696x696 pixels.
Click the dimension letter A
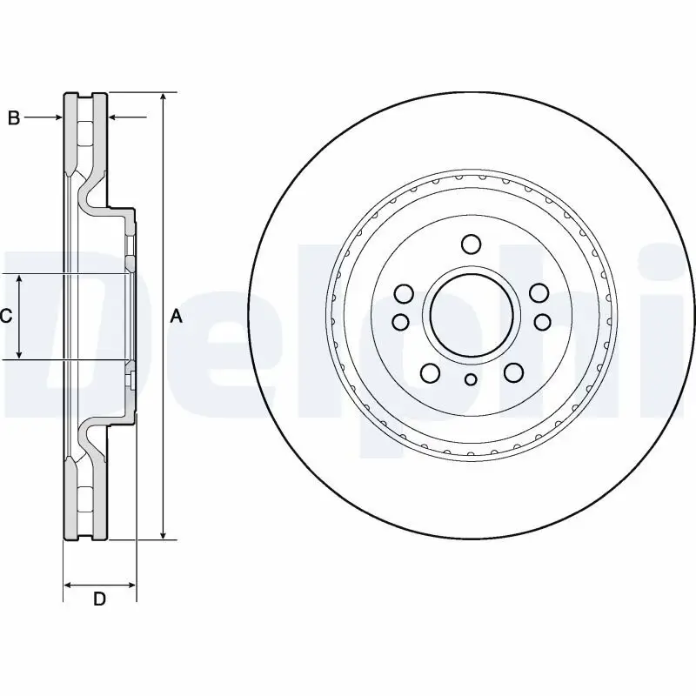[177, 317]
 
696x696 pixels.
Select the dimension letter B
[14, 118]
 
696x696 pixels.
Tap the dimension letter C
[6, 317]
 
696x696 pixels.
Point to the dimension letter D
[99, 599]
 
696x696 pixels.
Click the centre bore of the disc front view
[471, 314]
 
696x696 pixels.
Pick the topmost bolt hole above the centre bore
[471, 244]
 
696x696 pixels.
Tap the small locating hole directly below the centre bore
[471, 378]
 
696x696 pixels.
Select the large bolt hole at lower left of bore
[430, 373]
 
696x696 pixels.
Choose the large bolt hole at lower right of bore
[513, 373]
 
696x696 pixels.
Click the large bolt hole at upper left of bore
[403, 293]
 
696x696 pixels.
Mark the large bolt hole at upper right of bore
[539, 293]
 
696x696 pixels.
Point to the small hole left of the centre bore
[400, 322]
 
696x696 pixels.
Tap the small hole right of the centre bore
[542, 322]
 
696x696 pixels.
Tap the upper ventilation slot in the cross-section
[85, 136]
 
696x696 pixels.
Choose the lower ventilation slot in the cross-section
[85, 497]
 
